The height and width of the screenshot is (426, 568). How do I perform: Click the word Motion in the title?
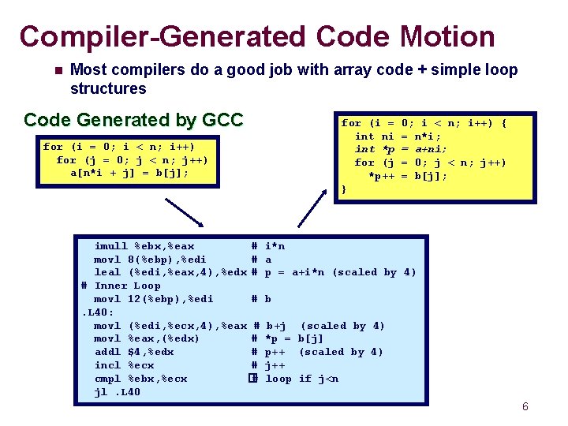tap(447, 36)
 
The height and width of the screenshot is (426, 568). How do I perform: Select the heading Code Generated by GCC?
tap(133, 120)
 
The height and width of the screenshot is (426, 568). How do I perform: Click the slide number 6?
tap(525, 407)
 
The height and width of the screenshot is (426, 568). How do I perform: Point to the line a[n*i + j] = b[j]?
tap(130, 174)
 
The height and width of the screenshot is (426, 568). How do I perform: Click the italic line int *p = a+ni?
tap(401, 149)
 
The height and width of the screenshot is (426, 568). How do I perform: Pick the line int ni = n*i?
tap(398, 136)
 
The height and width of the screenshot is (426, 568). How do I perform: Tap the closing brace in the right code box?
tap(344, 189)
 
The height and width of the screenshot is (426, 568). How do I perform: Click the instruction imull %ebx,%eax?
tap(144, 246)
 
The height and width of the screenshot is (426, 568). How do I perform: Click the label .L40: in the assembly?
tap(99, 312)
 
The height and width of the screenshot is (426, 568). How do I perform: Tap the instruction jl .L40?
tap(117, 392)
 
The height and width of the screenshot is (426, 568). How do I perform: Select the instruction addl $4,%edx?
tap(134, 352)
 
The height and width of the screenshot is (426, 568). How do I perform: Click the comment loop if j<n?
tap(302, 379)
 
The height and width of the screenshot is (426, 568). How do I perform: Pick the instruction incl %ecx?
tap(124, 365)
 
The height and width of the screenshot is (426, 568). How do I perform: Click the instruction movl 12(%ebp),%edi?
tap(154, 299)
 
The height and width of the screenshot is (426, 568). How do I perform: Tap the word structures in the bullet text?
tap(108, 88)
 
